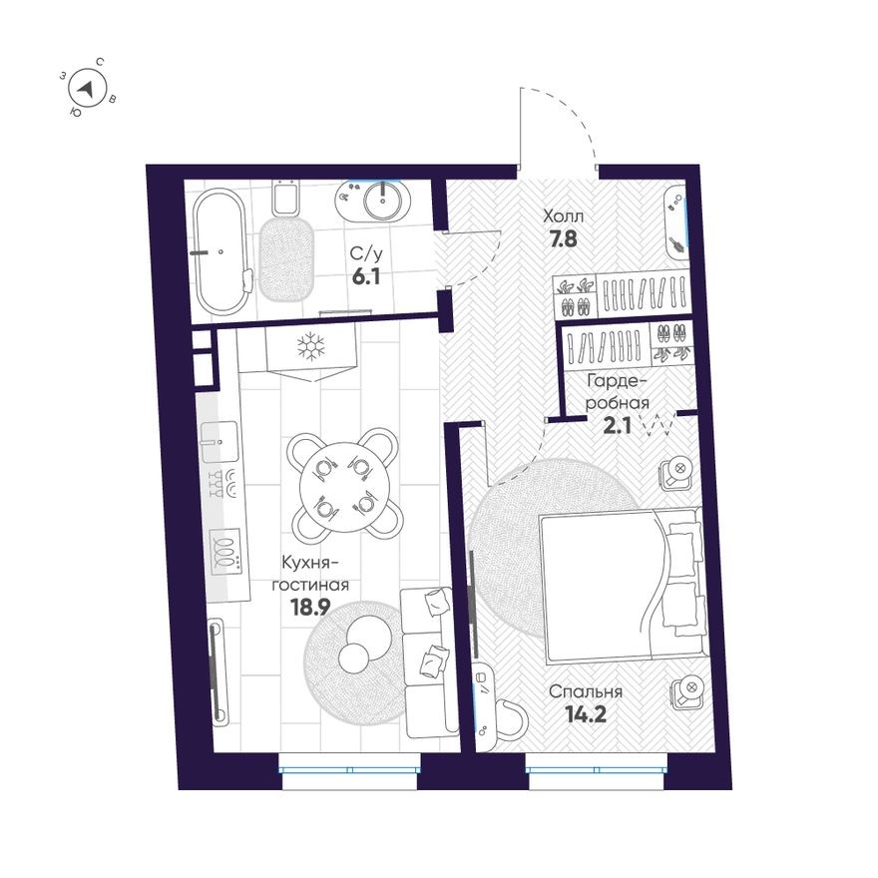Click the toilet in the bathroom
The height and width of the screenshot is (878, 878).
(285, 200)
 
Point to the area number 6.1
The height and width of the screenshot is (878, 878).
(366, 276)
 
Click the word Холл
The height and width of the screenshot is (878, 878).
(563, 216)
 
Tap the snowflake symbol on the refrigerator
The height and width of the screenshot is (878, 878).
(312, 348)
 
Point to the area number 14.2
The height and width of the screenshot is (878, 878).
(586, 713)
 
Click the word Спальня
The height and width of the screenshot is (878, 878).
(588, 691)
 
